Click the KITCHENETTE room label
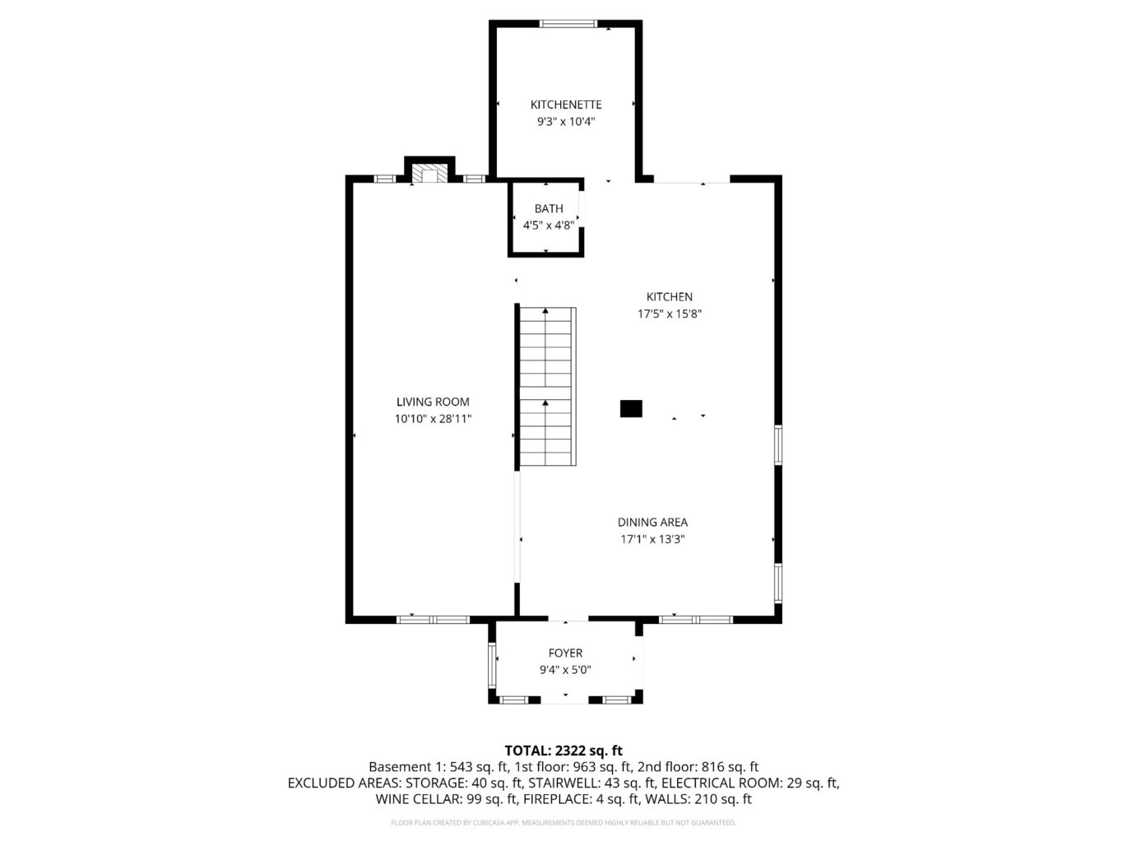tap(565, 105)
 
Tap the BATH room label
tap(549, 208)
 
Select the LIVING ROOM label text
tap(433, 402)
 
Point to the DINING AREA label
tap(652, 522)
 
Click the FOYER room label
tap(565, 653)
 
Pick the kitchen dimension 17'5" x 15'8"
tap(670, 314)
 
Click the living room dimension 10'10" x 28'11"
tap(433, 419)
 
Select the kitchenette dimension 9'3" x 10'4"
tap(565, 122)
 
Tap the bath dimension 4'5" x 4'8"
tap(548, 225)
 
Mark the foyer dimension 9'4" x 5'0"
tap(565, 670)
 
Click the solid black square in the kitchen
tap(631, 409)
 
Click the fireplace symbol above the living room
tap(429, 174)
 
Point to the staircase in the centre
tap(546, 387)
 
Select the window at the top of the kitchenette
tap(568, 24)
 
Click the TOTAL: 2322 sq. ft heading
tap(563, 750)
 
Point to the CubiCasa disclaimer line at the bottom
tap(563, 822)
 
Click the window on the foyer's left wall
tap(493, 666)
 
